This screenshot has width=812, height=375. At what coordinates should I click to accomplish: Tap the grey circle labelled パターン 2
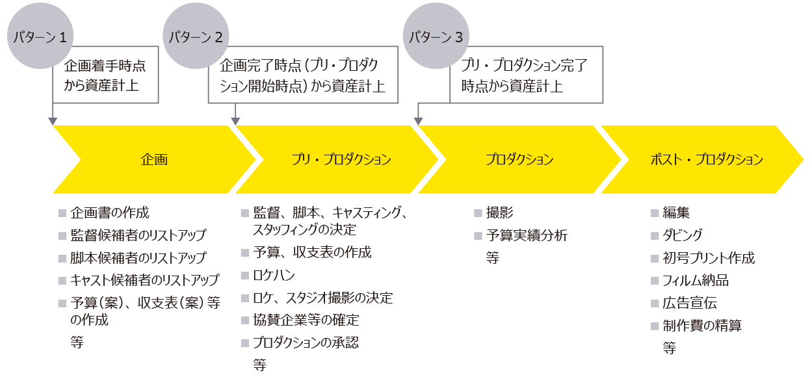[x=196, y=37]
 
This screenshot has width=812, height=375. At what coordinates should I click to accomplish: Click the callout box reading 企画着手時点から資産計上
[x=105, y=75]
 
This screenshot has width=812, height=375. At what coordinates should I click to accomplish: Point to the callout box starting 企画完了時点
[x=302, y=75]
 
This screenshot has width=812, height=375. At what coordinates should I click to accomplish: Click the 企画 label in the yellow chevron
[x=154, y=159]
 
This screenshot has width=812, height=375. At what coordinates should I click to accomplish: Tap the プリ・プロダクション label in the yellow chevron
[x=341, y=159]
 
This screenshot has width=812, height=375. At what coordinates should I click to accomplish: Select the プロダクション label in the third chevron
[x=519, y=159]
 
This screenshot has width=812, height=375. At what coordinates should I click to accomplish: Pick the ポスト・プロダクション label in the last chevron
[x=707, y=159]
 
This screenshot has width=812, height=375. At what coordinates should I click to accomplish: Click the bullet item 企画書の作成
[x=109, y=213]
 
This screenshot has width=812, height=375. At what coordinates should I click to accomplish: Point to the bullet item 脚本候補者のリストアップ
[x=138, y=257]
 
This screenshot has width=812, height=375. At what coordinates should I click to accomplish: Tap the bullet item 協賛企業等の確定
[x=306, y=320]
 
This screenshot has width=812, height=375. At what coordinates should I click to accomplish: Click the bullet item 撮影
[x=499, y=213]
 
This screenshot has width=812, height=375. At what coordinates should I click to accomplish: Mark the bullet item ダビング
[x=682, y=235]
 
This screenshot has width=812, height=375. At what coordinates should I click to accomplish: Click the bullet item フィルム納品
[x=695, y=280]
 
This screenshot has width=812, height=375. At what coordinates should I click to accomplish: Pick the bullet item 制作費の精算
[x=701, y=326]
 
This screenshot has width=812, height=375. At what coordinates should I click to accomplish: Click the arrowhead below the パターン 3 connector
[x=419, y=121]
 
